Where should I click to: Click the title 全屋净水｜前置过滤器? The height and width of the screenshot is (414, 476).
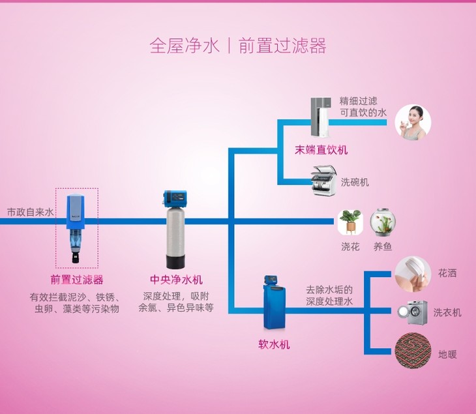237,46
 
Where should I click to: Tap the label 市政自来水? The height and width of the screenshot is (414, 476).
30,213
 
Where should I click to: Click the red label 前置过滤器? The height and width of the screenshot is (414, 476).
77,280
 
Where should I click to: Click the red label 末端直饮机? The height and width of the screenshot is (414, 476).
321,150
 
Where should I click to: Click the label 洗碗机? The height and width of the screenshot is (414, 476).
355,182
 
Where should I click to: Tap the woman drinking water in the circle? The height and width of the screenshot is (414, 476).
413,121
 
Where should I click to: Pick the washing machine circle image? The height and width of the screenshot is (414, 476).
412,312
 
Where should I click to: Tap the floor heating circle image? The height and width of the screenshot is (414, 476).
412,352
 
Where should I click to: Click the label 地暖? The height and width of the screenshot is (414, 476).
447,355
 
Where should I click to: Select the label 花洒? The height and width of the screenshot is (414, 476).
447,273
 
